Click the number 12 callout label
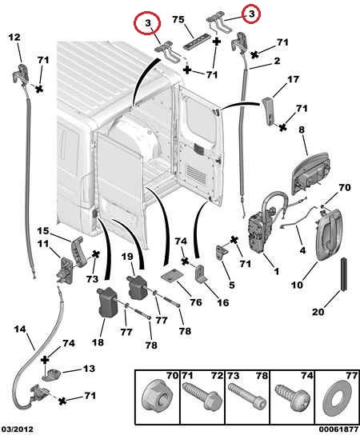tap(14, 37)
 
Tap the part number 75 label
tap(178, 20)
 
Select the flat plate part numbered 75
tap(196, 42)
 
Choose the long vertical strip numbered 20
tap(344, 273)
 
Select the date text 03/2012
tap(17, 429)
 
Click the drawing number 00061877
tap(338, 429)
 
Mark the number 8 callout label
tap(302, 130)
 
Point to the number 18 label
tap(98, 342)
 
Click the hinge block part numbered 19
tap(137, 287)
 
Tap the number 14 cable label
tap(20, 329)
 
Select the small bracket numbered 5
tap(222, 252)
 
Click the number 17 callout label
tap(293, 79)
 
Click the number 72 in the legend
tap(217, 376)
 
